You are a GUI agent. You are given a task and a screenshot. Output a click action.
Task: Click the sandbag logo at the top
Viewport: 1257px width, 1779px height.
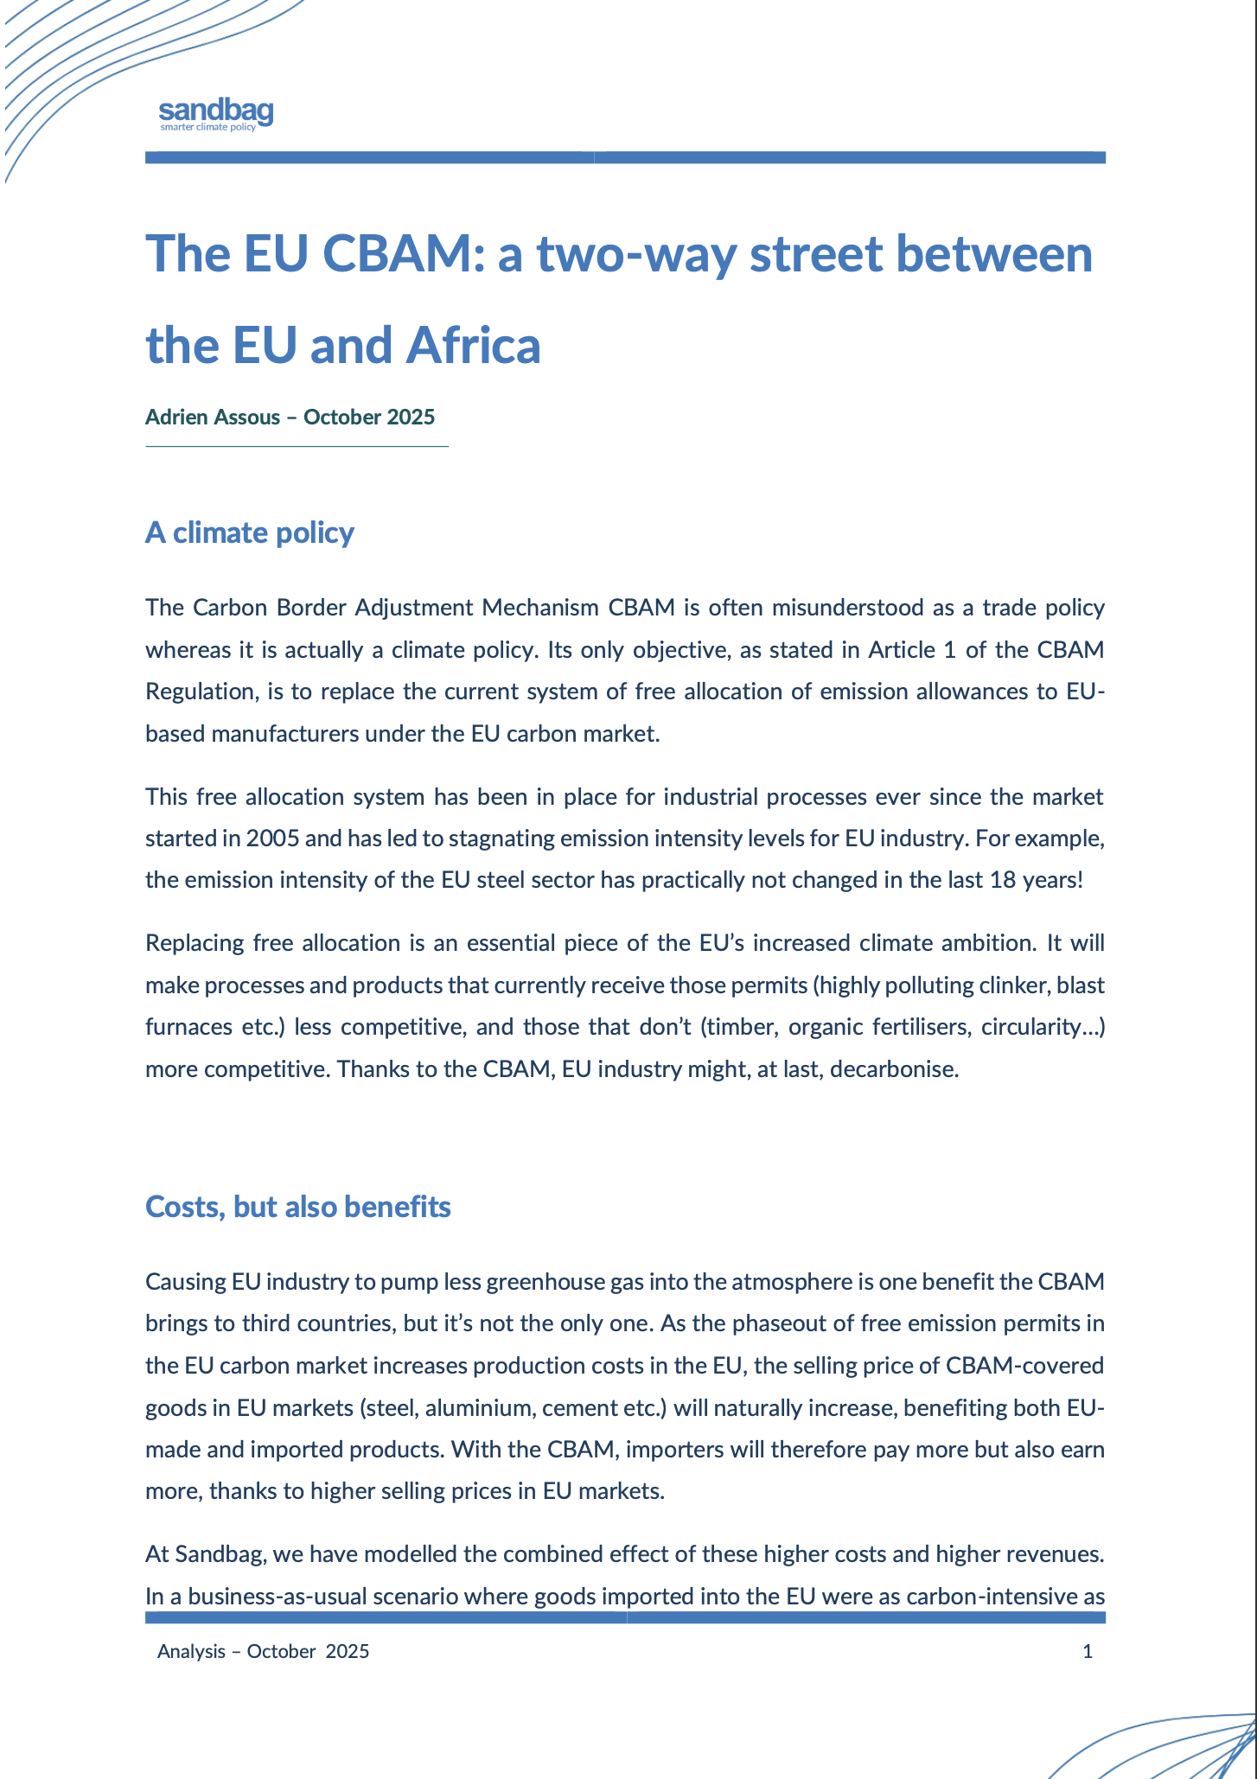tap(216, 113)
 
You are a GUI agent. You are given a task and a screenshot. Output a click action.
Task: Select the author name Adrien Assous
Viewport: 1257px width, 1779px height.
tap(213, 418)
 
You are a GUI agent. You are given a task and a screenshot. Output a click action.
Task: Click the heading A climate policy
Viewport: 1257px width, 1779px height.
tap(250, 532)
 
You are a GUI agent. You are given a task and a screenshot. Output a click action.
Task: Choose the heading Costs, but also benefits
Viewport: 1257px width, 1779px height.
tap(298, 1207)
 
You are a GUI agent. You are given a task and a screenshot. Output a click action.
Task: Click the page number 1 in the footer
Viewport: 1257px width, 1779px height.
tap(1088, 1652)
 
